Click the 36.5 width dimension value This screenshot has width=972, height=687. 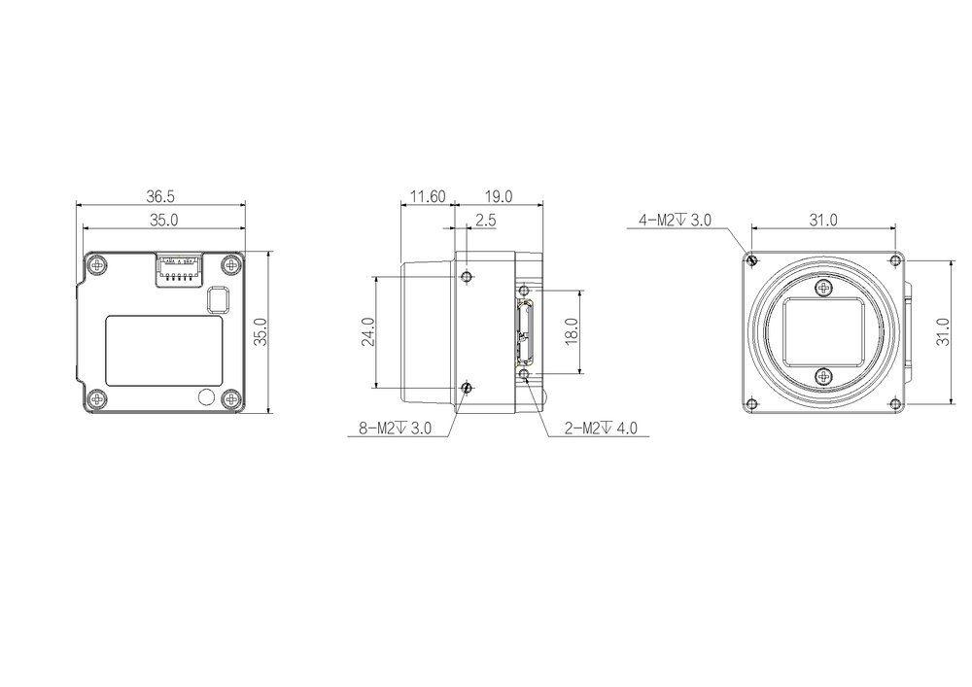coord(160,196)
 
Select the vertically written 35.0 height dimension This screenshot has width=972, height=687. coord(261,332)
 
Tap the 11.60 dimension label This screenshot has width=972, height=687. coord(428,196)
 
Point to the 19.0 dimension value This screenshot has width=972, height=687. coord(499,196)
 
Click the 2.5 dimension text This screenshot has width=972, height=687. coord(486,220)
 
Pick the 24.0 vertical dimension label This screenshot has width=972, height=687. coord(368,331)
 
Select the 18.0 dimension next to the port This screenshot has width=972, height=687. coord(572,331)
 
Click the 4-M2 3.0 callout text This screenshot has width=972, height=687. coord(676,220)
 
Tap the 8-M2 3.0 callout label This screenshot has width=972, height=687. coord(395,429)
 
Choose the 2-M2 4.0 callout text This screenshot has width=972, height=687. coord(601,429)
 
